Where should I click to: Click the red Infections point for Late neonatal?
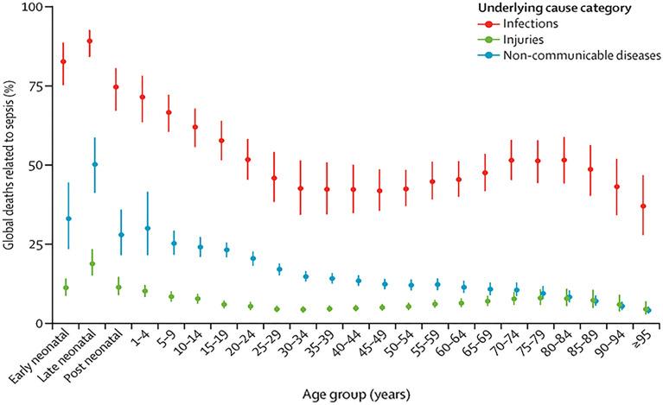tap(90, 41)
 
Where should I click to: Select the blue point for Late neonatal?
tap(95, 164)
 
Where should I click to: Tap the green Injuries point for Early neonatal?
tap(65, 288)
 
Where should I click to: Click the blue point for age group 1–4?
tap(148, 229)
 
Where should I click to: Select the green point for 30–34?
tap(303, 309)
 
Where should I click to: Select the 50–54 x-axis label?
tap(398, 346)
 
